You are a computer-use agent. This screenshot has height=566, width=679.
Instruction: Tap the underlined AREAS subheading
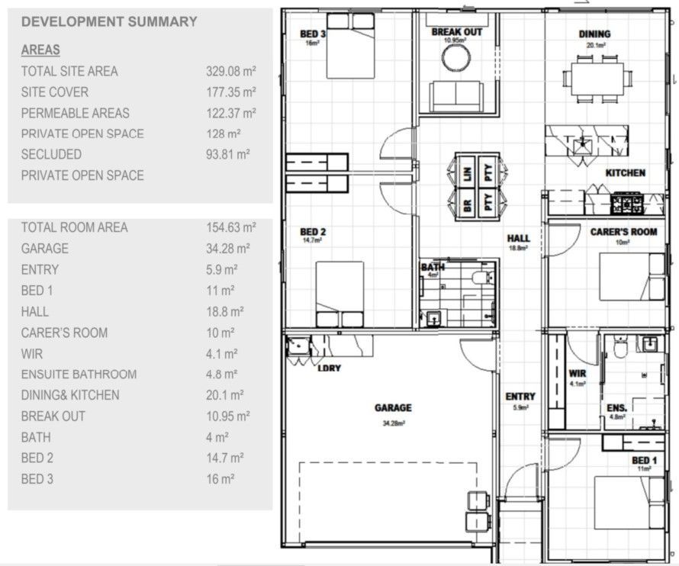pyautogui.click(x=41, y=50)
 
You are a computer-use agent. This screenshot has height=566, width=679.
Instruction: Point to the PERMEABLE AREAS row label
pyautogui.click(x=75, y=113)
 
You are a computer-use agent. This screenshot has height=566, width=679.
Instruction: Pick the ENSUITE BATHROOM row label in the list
pyautogui.click(x=79, y=375)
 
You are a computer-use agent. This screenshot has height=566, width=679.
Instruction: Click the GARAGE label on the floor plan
pyautogui.click(x=393, y=408)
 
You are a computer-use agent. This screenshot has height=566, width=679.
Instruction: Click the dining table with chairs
pyautogui.click(x=597, y=76)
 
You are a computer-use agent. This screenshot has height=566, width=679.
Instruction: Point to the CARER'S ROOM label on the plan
pyautogui.click(x=623, y=232)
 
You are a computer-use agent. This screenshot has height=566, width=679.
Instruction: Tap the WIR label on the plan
pyautogui.click(x=577, y=374)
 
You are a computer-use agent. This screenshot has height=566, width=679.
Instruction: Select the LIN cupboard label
pyautogui.click(x=468, y=172)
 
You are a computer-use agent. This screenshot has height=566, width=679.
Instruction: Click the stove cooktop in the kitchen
pyautogui.click(x=628, y=203)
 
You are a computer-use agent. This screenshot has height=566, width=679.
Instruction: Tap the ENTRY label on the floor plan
pyautogui.click(x=520, y=397)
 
